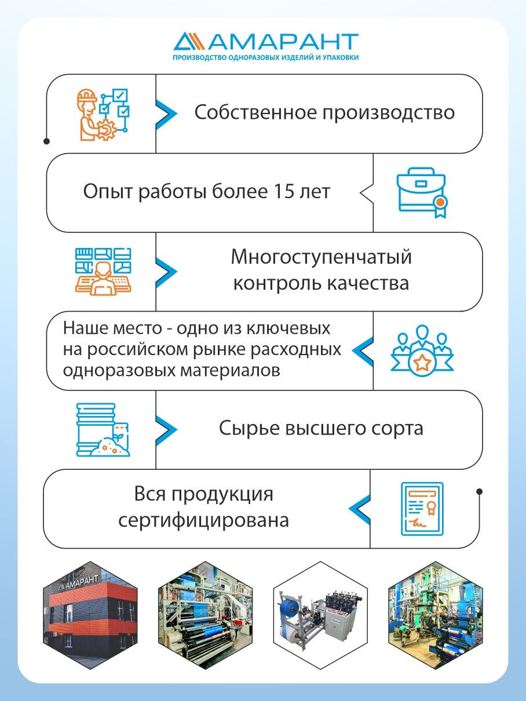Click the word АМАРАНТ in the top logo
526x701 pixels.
point(284,42)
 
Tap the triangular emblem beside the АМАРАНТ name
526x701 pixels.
point(188,42)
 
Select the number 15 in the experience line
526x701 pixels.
point(282,192)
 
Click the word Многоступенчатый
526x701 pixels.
point(321,257)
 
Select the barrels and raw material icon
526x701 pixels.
point(103,429)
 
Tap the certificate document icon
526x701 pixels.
point(422,508)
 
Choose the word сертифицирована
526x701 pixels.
point(203,520)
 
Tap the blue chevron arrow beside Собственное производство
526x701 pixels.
point(166,113)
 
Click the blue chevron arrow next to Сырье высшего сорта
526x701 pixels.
point(166,429)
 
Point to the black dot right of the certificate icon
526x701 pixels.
point(479,492)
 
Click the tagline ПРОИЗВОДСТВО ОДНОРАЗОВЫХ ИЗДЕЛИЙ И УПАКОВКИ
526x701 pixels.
point(266,58)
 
